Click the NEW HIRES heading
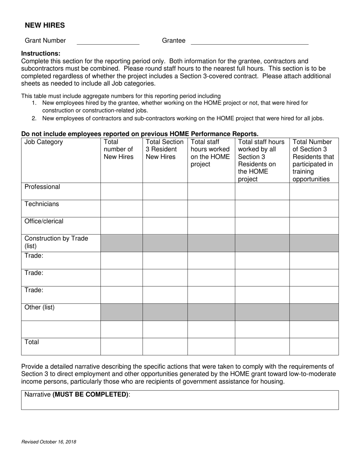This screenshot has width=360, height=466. (x=45, y=25)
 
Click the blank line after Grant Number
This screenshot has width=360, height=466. (x=108, y=41)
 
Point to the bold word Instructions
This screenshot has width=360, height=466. (x=41, y=53)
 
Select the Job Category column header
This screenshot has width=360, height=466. (x=44, y=142)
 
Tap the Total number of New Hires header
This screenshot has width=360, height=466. (x=119, y=149)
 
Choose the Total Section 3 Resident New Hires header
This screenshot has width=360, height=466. (x=164, y=149)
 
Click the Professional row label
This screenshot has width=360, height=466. (x=42, y=187)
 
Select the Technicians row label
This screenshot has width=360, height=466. (x=42, y=204)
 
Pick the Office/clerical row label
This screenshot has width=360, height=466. (x=44, y=221)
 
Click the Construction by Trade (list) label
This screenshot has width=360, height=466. (x=56, y=242)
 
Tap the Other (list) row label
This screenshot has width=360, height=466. (x=39, y=307)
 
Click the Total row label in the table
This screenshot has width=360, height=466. (x=32, y=342)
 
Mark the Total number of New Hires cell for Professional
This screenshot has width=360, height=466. (x=121, y=191)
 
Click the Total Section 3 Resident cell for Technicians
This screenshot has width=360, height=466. (x=165, y=209)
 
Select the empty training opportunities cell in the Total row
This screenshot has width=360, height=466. (x=314, y=347)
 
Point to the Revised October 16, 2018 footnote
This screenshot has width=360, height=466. (x=49, y=442)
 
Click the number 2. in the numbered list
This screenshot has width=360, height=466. (x=34, y=118)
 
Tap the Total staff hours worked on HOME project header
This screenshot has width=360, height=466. (x=210, y=153)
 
